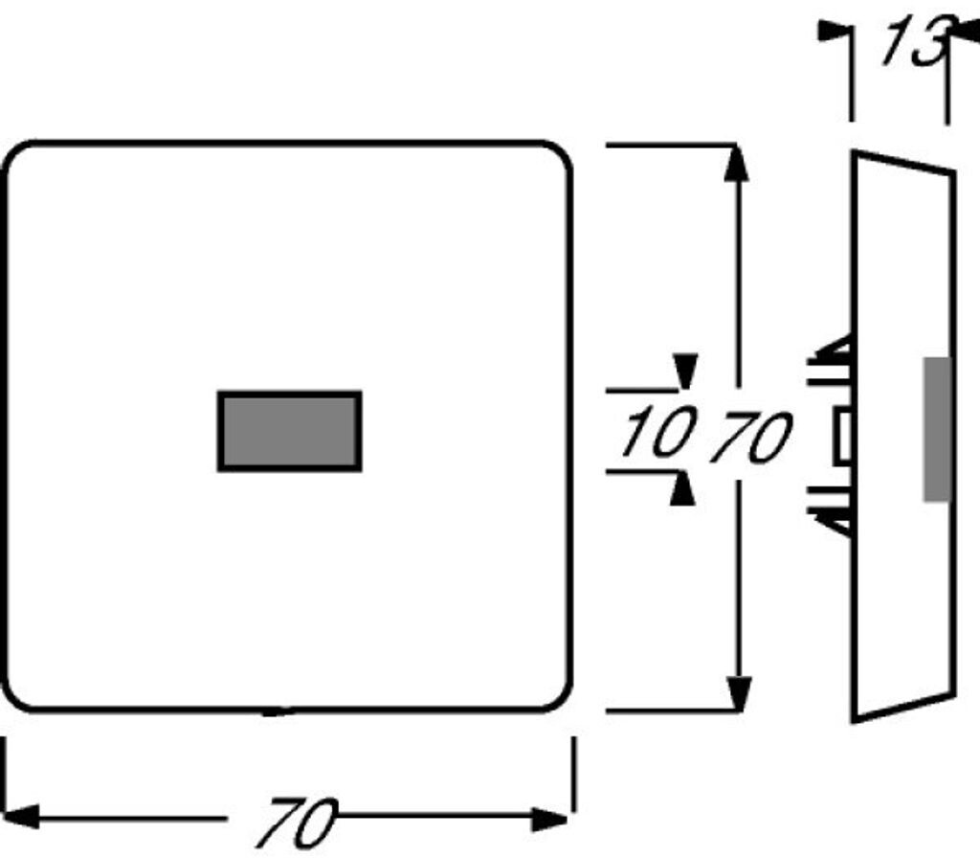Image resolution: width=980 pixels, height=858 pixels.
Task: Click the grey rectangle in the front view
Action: coord(289,431)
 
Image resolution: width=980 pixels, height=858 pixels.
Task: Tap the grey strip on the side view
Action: coord(937,429)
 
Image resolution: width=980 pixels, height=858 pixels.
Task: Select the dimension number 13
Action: coord(914,44)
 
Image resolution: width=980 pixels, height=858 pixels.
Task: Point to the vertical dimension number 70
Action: coord(752,438)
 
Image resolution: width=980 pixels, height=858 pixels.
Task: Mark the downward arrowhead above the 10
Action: coord(683,370)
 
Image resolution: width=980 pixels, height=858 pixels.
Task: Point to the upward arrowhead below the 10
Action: coord(681,490)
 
